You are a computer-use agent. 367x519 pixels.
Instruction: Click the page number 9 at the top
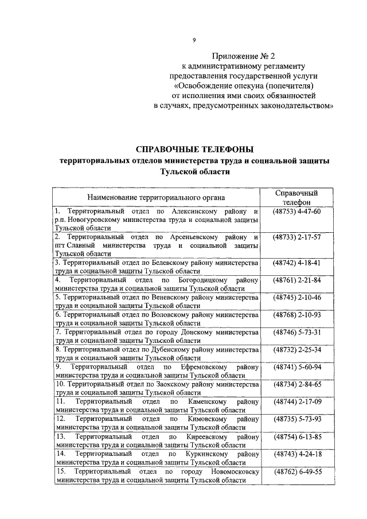pyautogui.click(x=194, y=40)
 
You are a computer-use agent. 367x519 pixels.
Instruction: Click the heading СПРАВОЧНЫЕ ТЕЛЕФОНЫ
pyautogui.click(x=193, y=150)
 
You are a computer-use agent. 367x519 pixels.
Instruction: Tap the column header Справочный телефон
pyautogui.click(x=296, y=198)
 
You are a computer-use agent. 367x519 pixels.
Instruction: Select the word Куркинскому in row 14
pyautogui.click(x=208, y=454)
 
